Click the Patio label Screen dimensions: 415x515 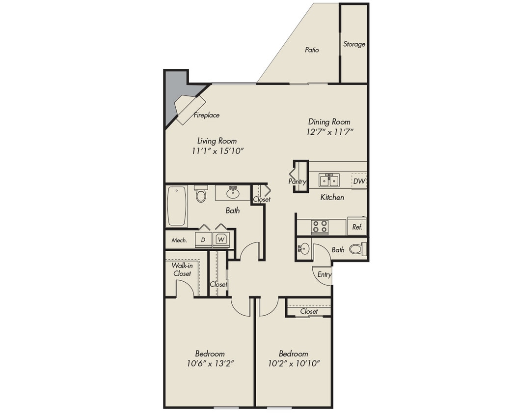[x=312, y=50]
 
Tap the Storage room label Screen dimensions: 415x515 [x=354, y=44]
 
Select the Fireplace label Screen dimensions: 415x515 [x=206, y=116]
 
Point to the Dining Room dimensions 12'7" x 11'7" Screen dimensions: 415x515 [x=328, y=132]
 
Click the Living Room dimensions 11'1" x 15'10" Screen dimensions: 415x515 [x=217, y=151]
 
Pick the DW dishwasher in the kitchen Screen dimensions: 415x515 [x=359, y=181]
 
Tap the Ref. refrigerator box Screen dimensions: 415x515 [x=357, y=227]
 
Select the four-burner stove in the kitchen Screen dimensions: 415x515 [x=320, y=227]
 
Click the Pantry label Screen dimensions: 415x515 [x=298, y=181]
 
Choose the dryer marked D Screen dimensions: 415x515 [x=203, y=239]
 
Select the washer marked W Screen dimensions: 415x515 [x=221, y=239]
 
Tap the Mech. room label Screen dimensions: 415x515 [x=179, y=240]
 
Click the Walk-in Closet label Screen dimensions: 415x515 [x=181, y=269]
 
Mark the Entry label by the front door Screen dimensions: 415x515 [x=324, y=275]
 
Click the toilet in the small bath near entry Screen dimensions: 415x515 [x=356, y=249]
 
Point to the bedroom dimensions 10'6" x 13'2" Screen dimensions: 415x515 [x=210, y=364]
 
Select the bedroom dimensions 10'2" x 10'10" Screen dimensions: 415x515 [x=293, y=364]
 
